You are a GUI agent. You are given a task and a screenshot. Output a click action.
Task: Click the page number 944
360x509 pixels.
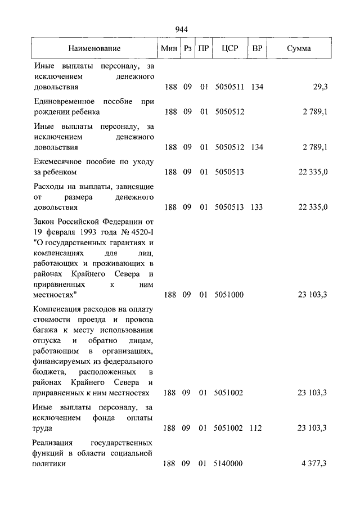click(181, 29)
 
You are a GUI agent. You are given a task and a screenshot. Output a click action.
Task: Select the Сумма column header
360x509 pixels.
click(299, 49)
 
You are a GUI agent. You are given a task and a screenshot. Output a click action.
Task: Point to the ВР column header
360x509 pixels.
click(257, 49)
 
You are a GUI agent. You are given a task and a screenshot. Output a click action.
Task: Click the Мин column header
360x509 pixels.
click(169, 49)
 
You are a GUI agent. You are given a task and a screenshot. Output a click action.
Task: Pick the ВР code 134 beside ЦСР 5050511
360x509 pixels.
click(257, 87)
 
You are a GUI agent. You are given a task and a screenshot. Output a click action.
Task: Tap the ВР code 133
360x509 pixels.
click(257, 208)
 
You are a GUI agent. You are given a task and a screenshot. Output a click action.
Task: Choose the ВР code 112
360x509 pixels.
click(255, 429)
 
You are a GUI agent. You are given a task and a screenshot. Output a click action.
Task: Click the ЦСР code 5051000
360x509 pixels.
click(229, 295)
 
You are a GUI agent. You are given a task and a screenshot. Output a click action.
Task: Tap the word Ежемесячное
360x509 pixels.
click(58, 162)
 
